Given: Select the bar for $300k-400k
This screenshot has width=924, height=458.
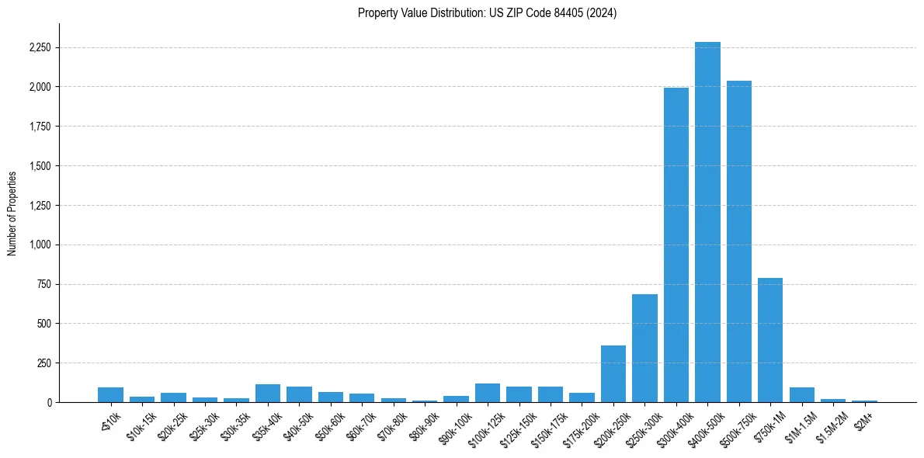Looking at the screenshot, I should (676, 245).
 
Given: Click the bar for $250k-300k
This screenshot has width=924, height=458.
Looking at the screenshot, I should (644, 349).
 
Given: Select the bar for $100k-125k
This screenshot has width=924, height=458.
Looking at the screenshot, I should (488, 393).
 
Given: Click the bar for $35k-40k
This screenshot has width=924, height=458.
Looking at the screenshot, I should (268, 394).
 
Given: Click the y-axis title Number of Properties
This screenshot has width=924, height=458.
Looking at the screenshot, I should (12, 213).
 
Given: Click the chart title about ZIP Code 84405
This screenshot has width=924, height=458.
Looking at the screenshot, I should (487, 13).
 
